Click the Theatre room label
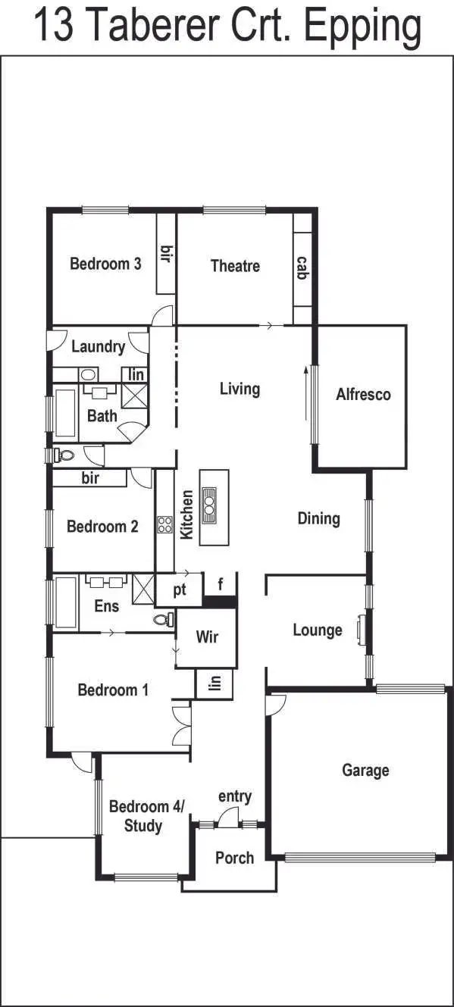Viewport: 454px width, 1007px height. [235, 266]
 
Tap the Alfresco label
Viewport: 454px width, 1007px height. [363, 395]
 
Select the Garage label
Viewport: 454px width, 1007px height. [365, 771]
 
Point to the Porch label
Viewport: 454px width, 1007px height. [234, 858]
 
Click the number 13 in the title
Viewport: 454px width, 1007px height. [55, 27]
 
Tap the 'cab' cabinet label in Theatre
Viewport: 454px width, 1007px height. [302, 267]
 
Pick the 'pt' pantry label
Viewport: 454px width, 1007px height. [180, 591]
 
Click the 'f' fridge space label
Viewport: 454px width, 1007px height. [221, 585]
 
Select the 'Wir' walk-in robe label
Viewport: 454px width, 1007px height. [207, 636]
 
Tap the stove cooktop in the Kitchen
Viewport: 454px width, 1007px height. [164, 524]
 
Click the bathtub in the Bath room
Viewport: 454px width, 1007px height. [65, 414]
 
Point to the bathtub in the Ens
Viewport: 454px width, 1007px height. [66, 603]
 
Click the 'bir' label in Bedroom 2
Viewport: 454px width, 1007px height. [89, 478]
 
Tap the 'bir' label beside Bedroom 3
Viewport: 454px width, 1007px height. [165, 254]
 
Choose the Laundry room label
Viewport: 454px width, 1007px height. [98, 347]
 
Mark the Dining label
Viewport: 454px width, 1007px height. [318, 519]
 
